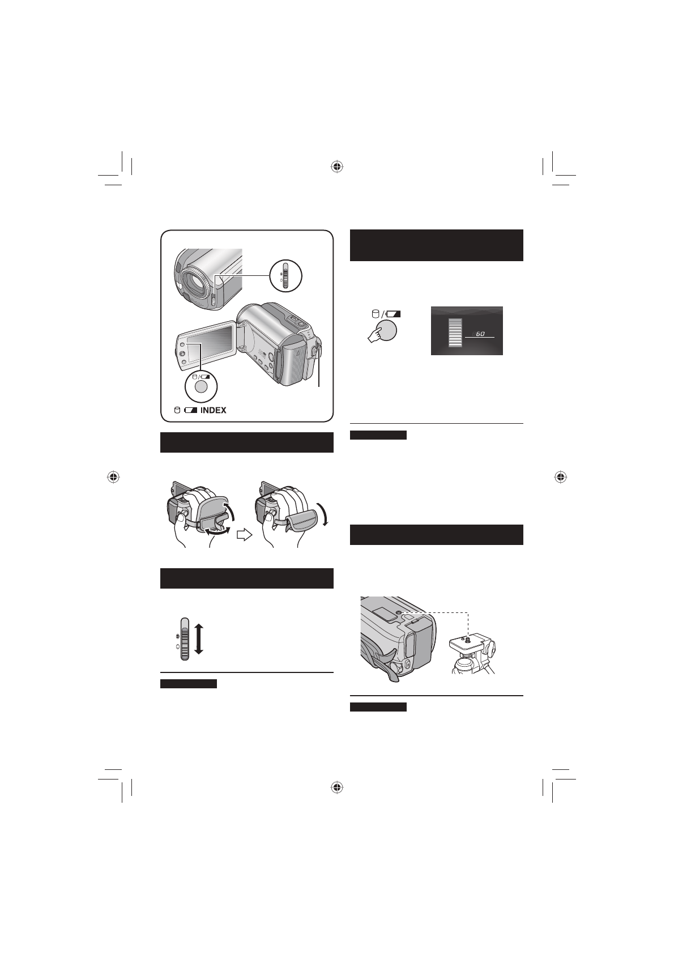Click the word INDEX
point(213,410)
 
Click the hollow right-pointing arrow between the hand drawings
point(244,535)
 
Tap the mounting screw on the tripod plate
point(467,639)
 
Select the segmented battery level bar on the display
point(454,332)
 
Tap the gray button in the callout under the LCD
point(201,387)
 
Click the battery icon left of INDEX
point(190,410)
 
